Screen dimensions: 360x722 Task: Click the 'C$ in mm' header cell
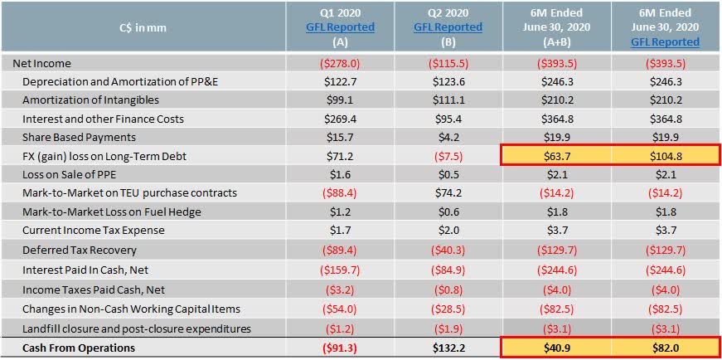[x=143, y=27]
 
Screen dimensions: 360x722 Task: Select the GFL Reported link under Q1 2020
[x=339, y=27]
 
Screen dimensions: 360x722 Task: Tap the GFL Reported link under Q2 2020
[x=448, y=27]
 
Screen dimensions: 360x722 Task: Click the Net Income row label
[x=42, y=63]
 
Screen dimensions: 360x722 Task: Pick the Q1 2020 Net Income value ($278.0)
[x=339, y=63]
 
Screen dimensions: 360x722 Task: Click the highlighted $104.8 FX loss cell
[x=665, y=156]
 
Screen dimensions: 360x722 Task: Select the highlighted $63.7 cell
[x=556, y=156]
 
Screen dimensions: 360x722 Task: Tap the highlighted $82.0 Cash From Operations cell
[x=665, y=348]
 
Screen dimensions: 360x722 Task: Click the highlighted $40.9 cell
[x=556, y=348]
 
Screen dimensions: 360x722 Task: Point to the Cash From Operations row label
[x=78, y=348]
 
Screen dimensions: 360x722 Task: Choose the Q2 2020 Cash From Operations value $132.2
[x=448, y=348]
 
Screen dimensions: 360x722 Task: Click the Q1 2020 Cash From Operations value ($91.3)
[x=339, y=348]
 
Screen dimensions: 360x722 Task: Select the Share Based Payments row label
[x=79, y=137]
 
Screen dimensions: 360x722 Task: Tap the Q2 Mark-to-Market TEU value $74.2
[x=448, y=192]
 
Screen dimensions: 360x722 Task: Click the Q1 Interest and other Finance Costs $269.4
[x=339, y=119]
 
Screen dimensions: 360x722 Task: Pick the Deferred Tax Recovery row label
[x=79, y=250]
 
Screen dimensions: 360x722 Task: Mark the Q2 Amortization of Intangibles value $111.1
[x=448, y=100]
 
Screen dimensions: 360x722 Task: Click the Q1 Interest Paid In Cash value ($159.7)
[x=339, y=269]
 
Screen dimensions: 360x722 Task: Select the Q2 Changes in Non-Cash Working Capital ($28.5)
[x=448, y=309]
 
